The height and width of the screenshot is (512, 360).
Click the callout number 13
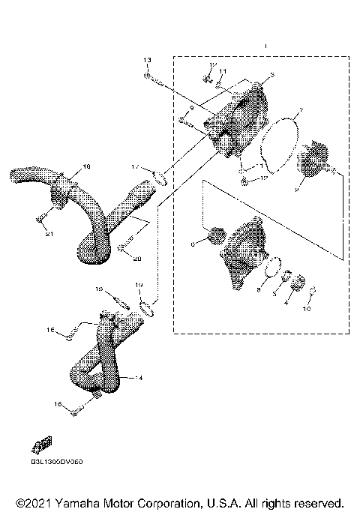[x=147, y=59]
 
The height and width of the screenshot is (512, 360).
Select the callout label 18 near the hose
[x=85, y=165]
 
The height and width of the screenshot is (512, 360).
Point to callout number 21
[x=49, y=235]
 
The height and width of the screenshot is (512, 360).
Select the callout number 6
[x=193, y=244]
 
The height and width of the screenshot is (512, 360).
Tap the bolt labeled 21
[x=41, y=219]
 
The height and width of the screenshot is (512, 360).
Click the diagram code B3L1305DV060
[x=56, y=462]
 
